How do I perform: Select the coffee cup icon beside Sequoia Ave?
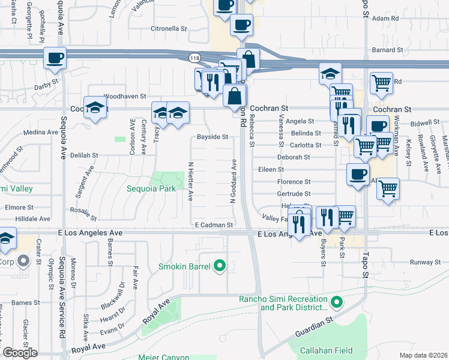55,58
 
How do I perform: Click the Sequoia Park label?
151,188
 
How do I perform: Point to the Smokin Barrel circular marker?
220,265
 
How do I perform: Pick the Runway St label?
425,262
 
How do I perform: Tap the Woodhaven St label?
125,96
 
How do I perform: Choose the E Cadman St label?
214,225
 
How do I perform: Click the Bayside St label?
213,137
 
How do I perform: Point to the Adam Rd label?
385,19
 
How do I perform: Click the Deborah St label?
293,157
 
